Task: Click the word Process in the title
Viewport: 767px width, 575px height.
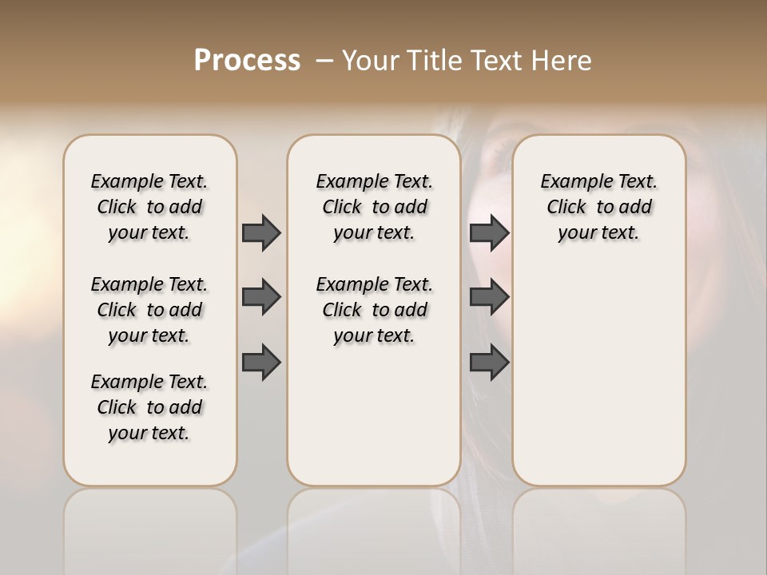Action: pyautogui.click(x=247, y=60)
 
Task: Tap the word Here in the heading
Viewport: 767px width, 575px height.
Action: pyautogui.click(x=563, y=60)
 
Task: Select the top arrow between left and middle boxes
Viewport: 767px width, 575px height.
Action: pyautogui.click(x=261, y=232)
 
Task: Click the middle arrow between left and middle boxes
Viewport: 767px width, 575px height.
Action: pyautogui.click(x=261, y=297)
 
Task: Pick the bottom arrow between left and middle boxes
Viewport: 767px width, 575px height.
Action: pyautogui.click(x=261, y=362)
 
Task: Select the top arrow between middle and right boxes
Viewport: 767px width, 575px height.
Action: pyautogui.click(x=489, y=232)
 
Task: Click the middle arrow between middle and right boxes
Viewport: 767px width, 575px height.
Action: pyautogui.click(x=489, y=297)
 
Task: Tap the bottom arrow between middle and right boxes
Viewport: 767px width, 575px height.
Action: pyautogui.click(x=489, y=362)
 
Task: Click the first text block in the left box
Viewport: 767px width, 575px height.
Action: pyautogui.click(x=149, y=207)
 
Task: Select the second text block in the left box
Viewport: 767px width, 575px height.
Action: pyautogui.click(x=149, y=310)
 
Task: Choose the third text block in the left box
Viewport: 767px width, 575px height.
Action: pyautogui.click(x=149, y=407)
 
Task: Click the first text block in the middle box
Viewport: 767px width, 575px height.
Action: pyautogui.click(x=375, y=207)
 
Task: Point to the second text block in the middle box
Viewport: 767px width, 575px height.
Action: pyautogui.click(x=375, y=310)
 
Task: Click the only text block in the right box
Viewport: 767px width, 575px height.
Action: pyautogui.click(x=599, y=207)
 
